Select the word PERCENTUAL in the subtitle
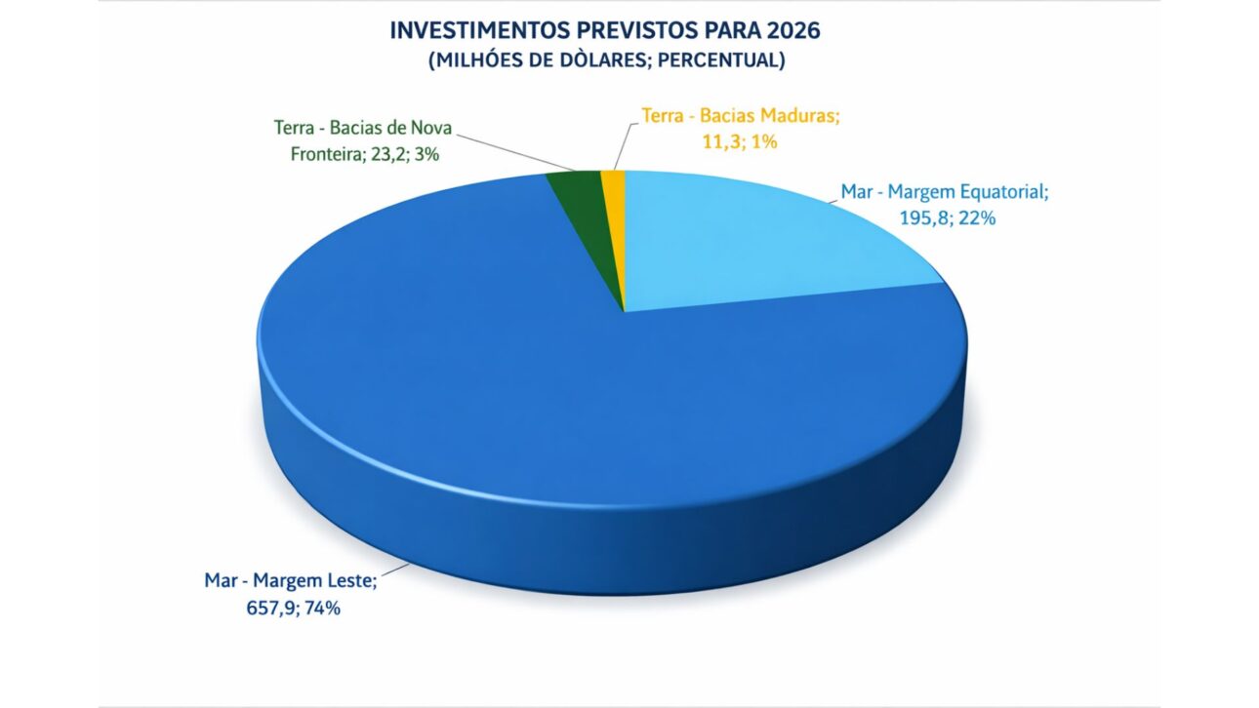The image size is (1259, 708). (731, 59)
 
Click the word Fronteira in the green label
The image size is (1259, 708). (324, 153)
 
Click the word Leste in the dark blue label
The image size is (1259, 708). (346, 582)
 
